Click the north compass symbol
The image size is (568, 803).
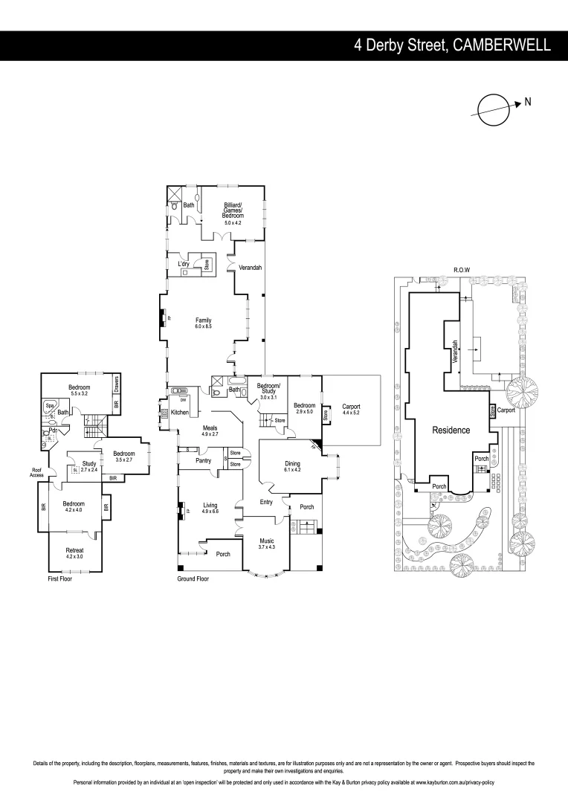[x=492, y=109]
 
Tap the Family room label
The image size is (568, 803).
[x=204, y=323]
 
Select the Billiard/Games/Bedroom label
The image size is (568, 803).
[x=233, y=213]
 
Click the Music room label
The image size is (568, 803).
[x=266, y=544]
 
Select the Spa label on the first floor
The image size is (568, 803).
[x=50, y=406]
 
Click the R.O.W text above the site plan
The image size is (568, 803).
[x=462, y=270]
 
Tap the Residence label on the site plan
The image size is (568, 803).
[x=451, y=430]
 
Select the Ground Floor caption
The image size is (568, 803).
[x=193, y=578]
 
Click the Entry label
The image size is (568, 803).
[x=266, y=502]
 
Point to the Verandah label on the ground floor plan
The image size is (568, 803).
[x=251, y=268]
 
